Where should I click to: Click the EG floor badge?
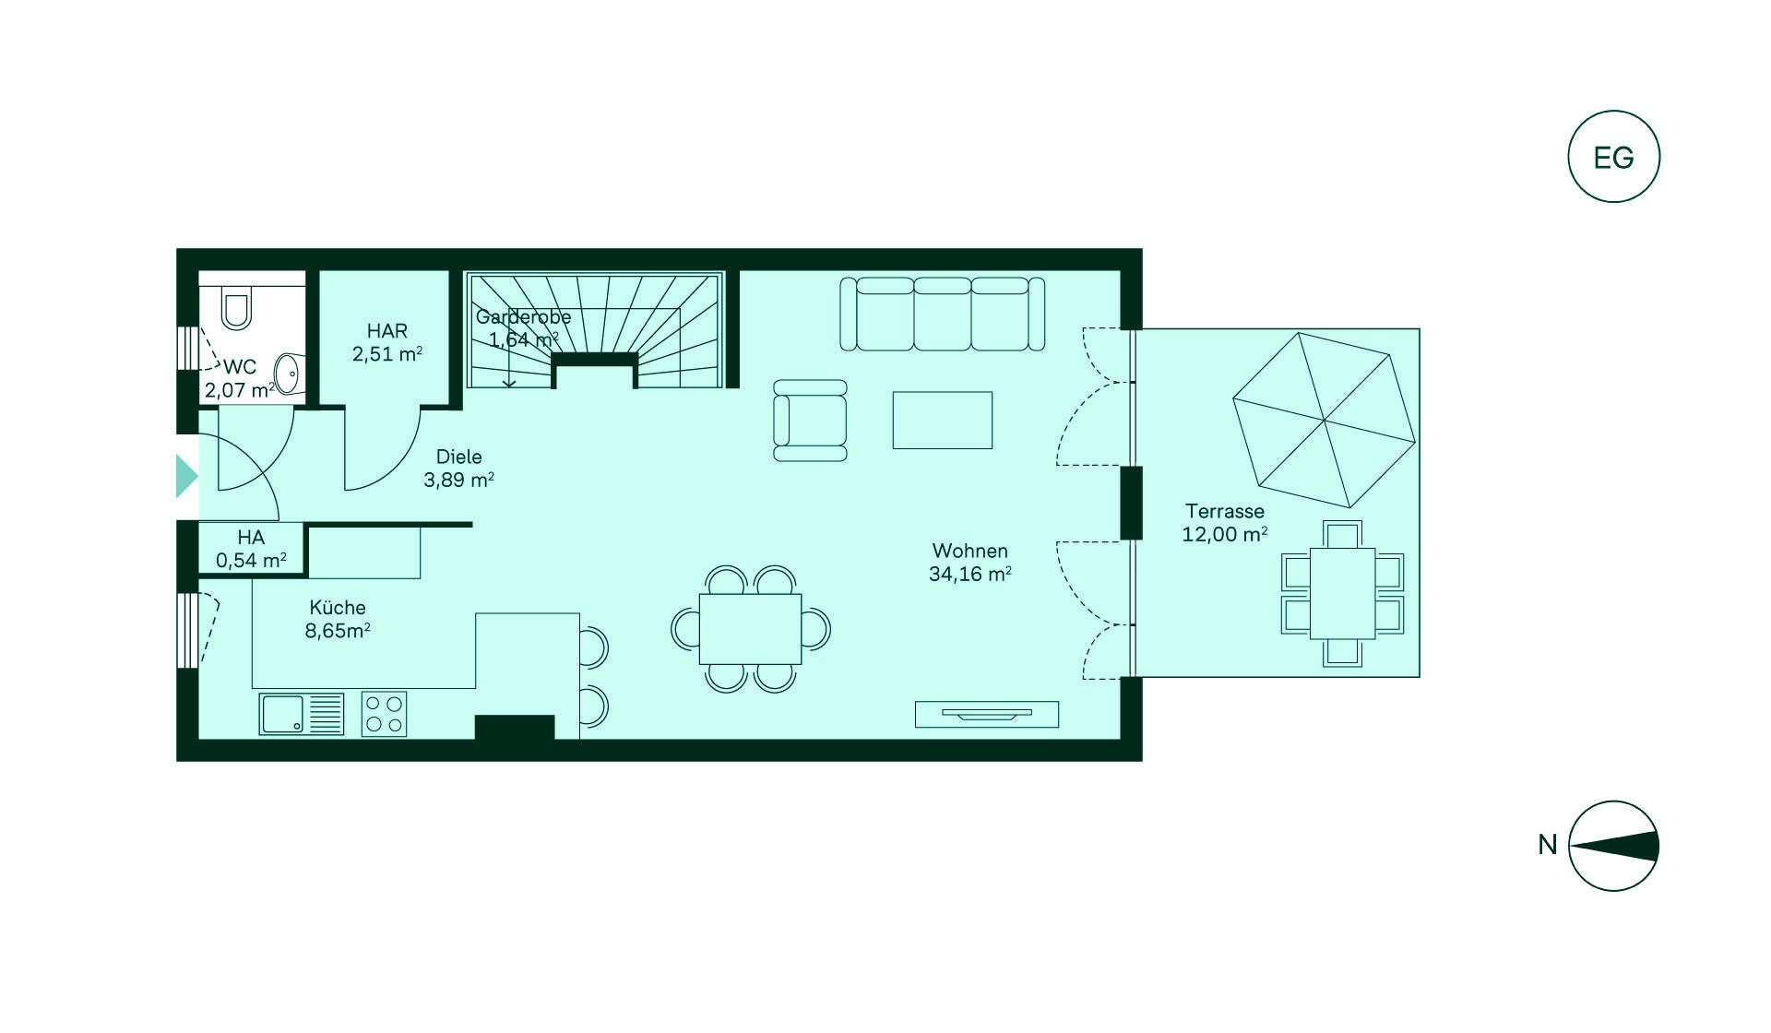(1613, 157)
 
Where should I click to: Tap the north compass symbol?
(1613, 846)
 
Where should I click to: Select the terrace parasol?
(1324, 420)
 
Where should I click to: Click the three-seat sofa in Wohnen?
(942, 314)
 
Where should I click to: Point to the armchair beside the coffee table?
(810, 421)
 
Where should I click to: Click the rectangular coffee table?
(942, 421)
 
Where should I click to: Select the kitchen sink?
(302, 714)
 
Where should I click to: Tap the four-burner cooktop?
(384, 714)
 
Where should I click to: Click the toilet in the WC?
(237, 307)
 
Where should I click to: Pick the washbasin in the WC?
(289, 374)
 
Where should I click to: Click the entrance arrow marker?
(186, 476)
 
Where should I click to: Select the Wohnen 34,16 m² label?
(969, 563)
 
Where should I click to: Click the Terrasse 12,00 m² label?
(1224, 523)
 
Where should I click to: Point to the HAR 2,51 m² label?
(387, 342)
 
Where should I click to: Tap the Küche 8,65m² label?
(338, 619)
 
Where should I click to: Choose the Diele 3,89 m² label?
(458, 469)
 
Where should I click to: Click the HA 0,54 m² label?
(251, 549)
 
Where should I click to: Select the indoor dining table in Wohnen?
(750, 629)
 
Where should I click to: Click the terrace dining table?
(1342, 593)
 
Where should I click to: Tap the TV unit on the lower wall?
(986, 714)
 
